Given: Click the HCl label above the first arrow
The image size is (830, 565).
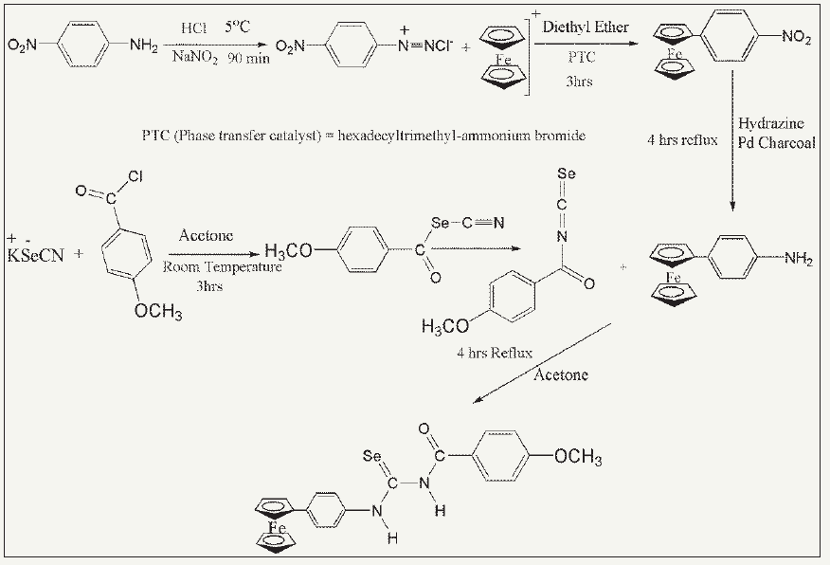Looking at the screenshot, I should tap(194, 29).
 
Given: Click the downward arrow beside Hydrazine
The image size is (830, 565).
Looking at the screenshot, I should tap(731, 142).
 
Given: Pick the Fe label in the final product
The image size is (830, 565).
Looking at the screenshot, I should tap(278, 527).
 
